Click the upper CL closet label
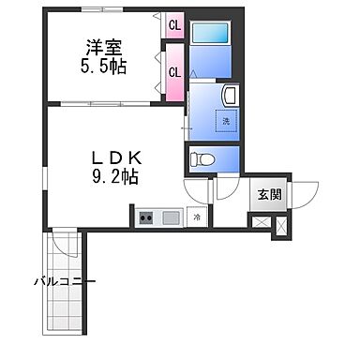click(174, 26)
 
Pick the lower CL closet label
click(174, 71)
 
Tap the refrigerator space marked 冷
click(197, 217)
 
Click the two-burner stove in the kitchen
click(147, 218)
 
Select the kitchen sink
click(171, 218)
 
